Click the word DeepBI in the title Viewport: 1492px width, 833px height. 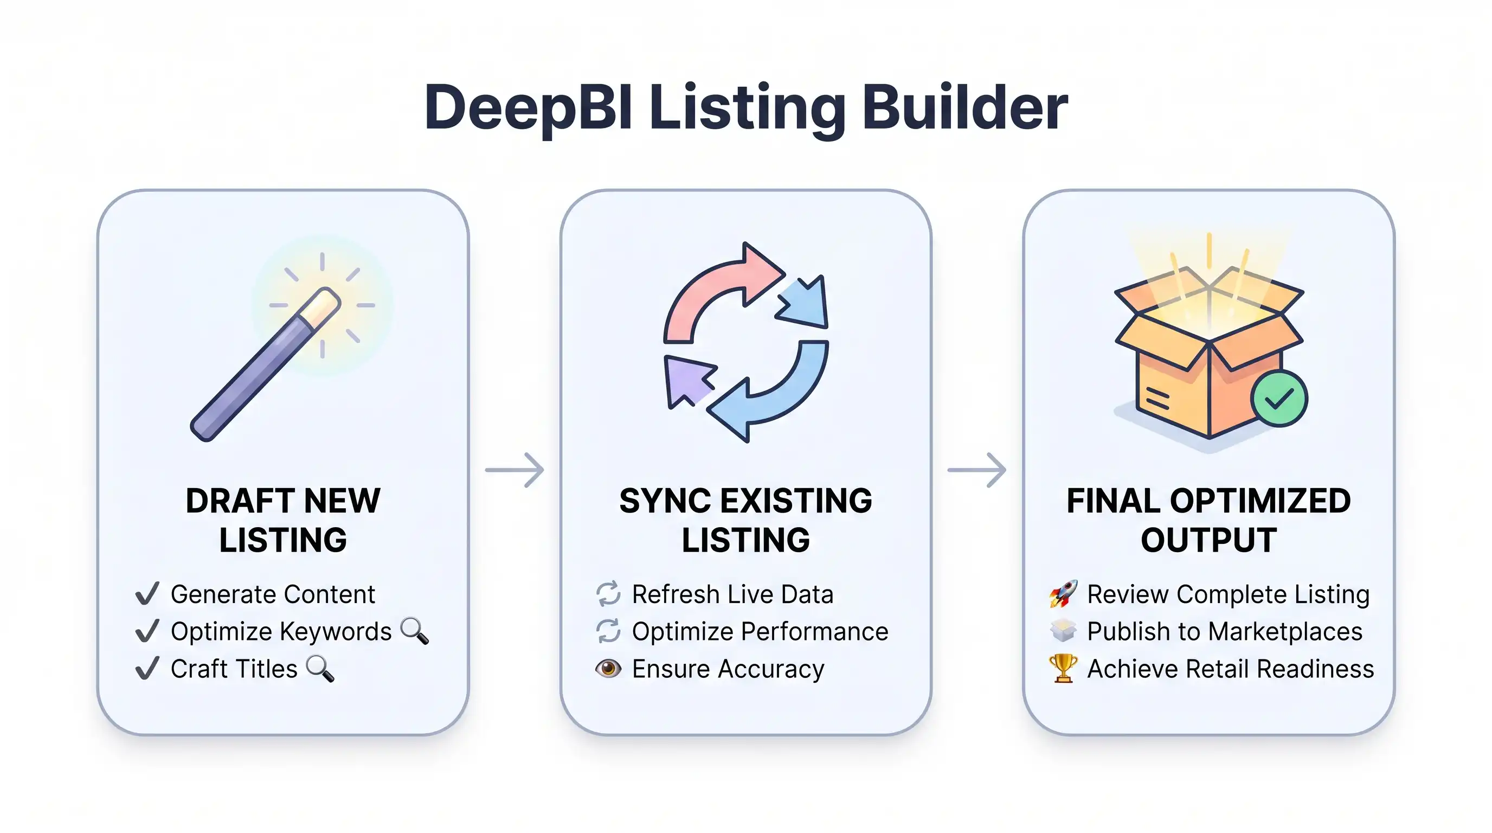[x=527, y=108]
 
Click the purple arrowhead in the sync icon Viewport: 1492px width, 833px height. [x=686, y=380]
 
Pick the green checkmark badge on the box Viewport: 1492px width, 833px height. [x=1278, y=399]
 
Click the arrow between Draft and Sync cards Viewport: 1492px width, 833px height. [x=515, y=469]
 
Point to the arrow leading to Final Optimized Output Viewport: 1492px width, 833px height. [x=976, y=469]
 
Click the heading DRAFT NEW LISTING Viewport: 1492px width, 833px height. [x=282, y=520]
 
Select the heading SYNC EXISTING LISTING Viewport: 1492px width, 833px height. [x=745, y=520]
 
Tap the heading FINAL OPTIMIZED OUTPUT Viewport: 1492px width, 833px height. [x=1208, y=520]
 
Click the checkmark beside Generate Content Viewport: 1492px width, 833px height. [x=147, y=594]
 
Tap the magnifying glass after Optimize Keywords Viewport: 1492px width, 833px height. [x=415, y=631]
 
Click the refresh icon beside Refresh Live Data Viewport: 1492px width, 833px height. [x=608, y=594]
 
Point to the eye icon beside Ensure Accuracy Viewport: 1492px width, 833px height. [x=608, y=669]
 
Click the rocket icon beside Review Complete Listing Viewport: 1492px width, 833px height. [x=1063, y=594]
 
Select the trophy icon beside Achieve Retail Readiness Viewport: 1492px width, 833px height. [x=1063, y=669]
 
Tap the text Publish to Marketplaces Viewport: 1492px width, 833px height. [x=1224, y=631]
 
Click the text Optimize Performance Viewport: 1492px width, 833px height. [x=760, y=631]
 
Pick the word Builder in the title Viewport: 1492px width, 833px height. [x=964, y=108]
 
